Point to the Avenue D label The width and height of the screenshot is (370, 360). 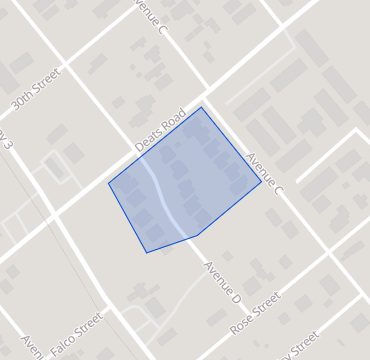[x=223, y=283]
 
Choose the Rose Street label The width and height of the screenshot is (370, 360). [x=254, y=313]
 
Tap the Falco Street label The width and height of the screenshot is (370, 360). [x=76, y=329]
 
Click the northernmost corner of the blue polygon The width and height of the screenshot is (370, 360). [x=202, y=107]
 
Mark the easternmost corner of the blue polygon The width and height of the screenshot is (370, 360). [x=262, y=182]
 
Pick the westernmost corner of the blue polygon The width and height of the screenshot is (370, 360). [x=108, y=184]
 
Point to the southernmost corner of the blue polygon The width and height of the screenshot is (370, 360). [x=146, y=253]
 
